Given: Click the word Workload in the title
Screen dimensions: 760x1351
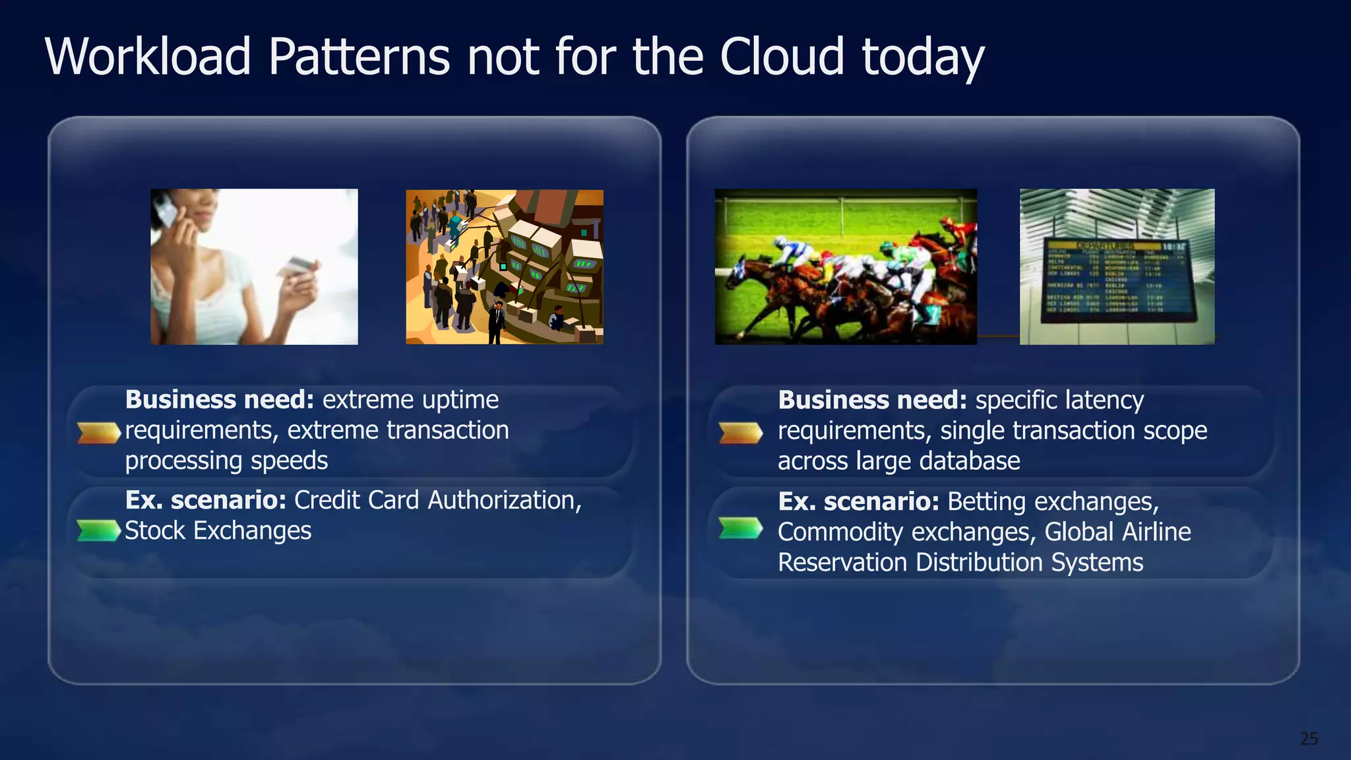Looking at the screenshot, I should (x=148, y=57).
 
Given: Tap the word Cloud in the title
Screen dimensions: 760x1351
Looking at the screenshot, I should (x=782, y=57).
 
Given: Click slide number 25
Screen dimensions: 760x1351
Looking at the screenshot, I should (x=1309, y=738).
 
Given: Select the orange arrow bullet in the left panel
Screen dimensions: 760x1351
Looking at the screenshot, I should (x=98, y=433).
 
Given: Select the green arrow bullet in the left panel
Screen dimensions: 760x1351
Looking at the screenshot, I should (x=98, y=530).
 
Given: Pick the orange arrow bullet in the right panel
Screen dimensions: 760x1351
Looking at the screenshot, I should (x=740, y=433).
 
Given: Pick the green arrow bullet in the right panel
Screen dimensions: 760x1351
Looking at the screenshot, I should (x=740, y=528).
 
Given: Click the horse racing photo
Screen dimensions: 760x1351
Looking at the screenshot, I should (x=846, y=267).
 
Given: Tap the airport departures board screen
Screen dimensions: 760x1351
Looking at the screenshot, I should (x=1117, y=280).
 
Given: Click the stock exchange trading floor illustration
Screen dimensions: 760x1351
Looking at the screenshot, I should (x=505, y=267).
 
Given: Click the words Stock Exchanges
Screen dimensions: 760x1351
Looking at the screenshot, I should (x=218, y=531).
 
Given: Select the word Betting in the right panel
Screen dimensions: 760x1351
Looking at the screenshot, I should (x=987, y=502).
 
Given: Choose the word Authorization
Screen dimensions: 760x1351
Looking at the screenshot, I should (x=505, y=501).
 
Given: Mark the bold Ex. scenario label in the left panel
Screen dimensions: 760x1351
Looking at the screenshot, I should (x=206, y=501).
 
